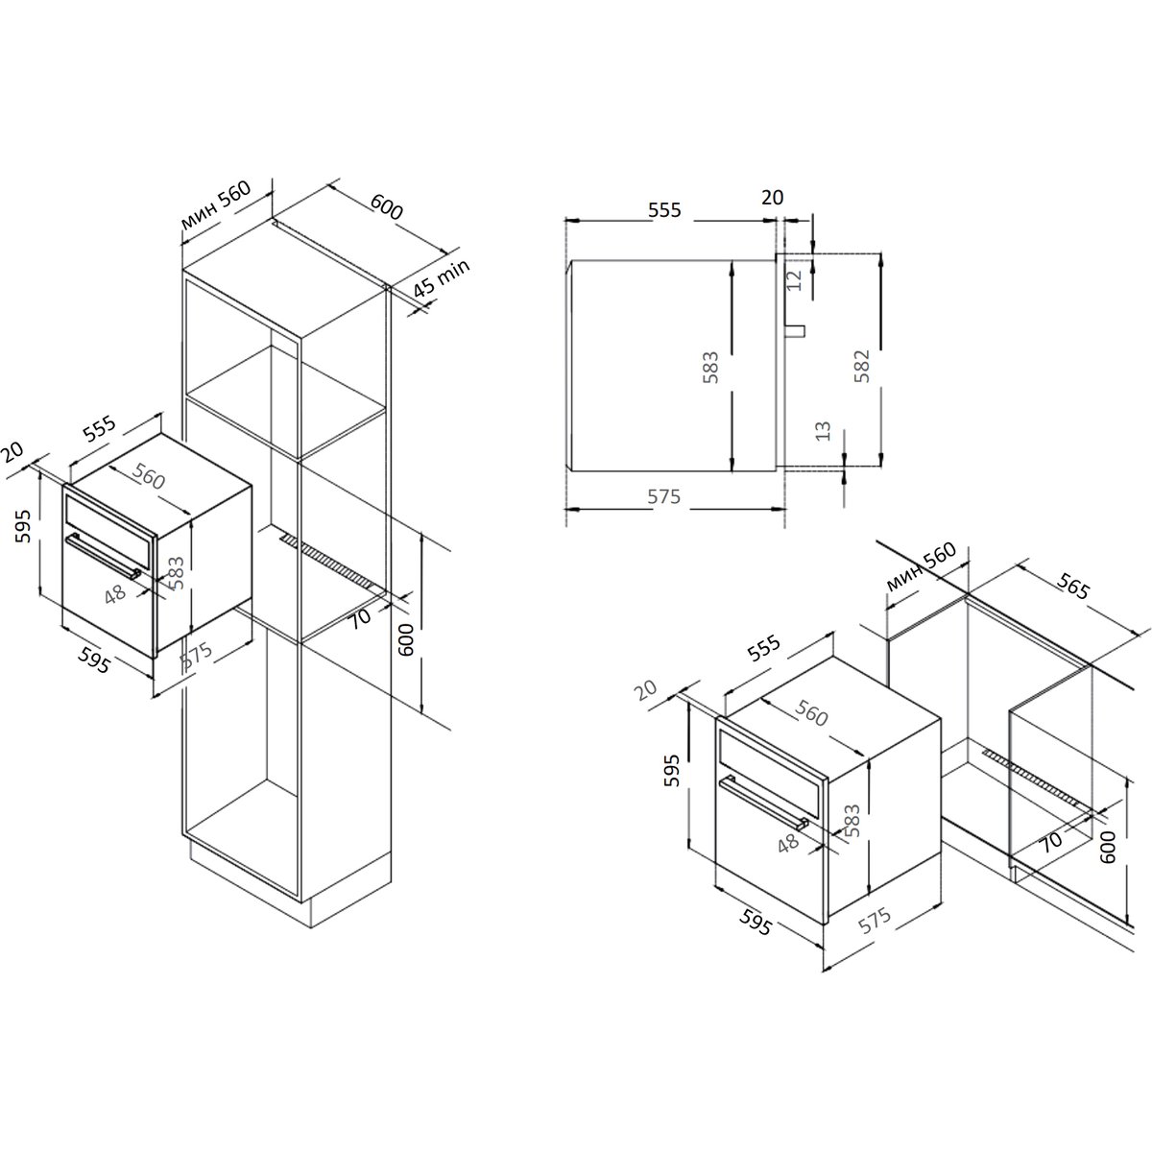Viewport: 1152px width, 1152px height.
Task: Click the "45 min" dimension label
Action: [x=443, y=278]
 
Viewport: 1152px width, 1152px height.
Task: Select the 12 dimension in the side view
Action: [x=793, y=279]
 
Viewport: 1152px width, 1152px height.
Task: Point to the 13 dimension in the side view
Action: [x=823, y=431]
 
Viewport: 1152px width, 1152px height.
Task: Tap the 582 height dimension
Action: [x=861, y=366]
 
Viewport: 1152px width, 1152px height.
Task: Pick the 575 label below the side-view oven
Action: [x=663, y=496]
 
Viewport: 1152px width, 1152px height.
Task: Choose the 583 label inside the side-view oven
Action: [x=710, y=367]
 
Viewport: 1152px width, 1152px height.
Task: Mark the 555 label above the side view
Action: [x=664, y=210]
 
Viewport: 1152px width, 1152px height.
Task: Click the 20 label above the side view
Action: [x=773, y=197]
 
